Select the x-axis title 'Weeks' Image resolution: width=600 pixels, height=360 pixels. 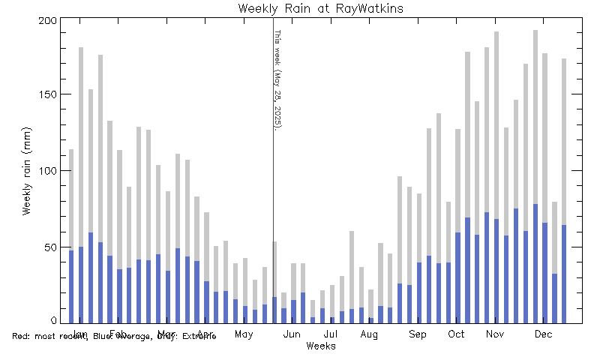pos(320,346)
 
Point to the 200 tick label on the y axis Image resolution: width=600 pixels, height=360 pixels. pos(46,20)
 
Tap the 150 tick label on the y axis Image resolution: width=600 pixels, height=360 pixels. pos(46,95)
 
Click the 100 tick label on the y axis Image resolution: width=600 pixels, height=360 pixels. pos(46,171)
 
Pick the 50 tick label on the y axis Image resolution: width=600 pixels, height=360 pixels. pos(49,247)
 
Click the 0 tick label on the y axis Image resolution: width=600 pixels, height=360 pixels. pos(52,321)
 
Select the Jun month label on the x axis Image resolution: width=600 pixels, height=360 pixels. pos(292,334)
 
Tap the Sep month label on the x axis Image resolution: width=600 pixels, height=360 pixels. pos(418,334)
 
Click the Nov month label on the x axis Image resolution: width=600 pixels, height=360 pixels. pos(494,334)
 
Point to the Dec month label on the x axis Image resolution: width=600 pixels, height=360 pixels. pos(544,334)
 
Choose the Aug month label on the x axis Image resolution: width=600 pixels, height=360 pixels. pos(368,334)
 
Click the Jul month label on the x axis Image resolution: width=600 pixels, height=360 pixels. pos(331,334)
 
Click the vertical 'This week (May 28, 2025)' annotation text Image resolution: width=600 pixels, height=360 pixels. pos(276,79)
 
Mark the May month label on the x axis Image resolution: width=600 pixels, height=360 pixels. pos(243,334)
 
